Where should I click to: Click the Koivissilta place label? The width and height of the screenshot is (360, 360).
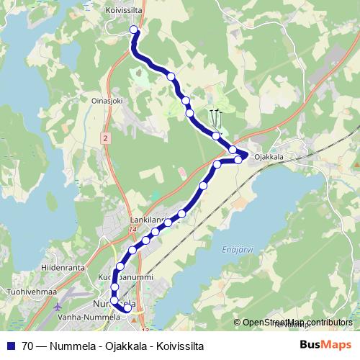(125, 10)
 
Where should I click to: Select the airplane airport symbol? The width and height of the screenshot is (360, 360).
(58, 305)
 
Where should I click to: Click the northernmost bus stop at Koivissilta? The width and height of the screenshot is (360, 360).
(133, 30)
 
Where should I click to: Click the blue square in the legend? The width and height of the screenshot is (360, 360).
(10, 345)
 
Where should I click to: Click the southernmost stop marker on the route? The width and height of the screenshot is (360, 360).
(127, 308)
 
